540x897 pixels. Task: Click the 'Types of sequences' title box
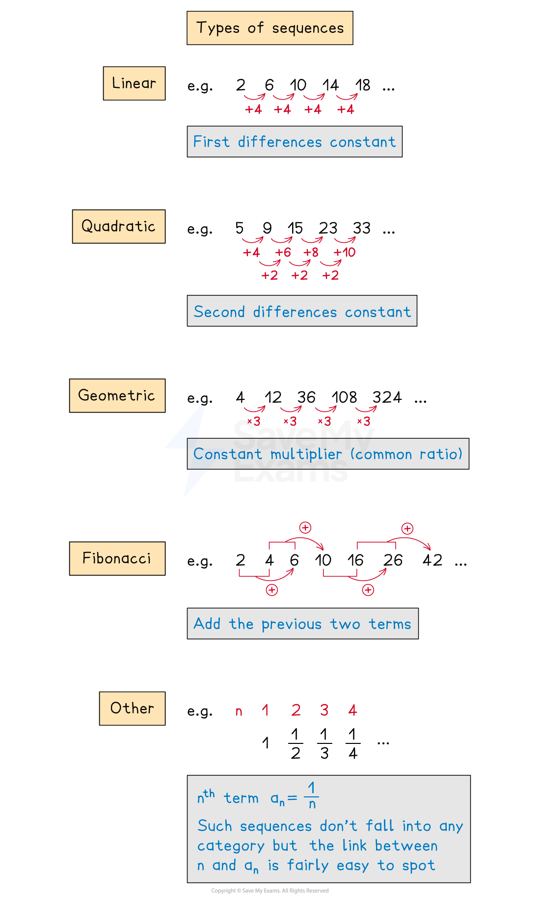270,28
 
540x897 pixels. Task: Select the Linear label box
134,83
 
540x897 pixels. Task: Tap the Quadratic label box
118,226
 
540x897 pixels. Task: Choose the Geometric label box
117,396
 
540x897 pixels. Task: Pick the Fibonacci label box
117,558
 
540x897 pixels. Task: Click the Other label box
132,708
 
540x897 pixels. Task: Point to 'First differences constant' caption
295,142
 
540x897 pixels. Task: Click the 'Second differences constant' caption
302,311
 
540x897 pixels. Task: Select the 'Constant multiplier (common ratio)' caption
328,454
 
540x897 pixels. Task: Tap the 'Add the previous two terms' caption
302,624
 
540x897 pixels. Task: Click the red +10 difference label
345,253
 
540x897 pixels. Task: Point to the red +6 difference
283,253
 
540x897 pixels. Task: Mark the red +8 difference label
311,253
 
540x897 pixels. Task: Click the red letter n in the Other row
239,711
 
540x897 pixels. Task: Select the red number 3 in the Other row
324,710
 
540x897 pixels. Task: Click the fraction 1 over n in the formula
311,796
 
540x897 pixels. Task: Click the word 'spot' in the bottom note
418,866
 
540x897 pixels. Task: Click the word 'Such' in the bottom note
215,826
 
